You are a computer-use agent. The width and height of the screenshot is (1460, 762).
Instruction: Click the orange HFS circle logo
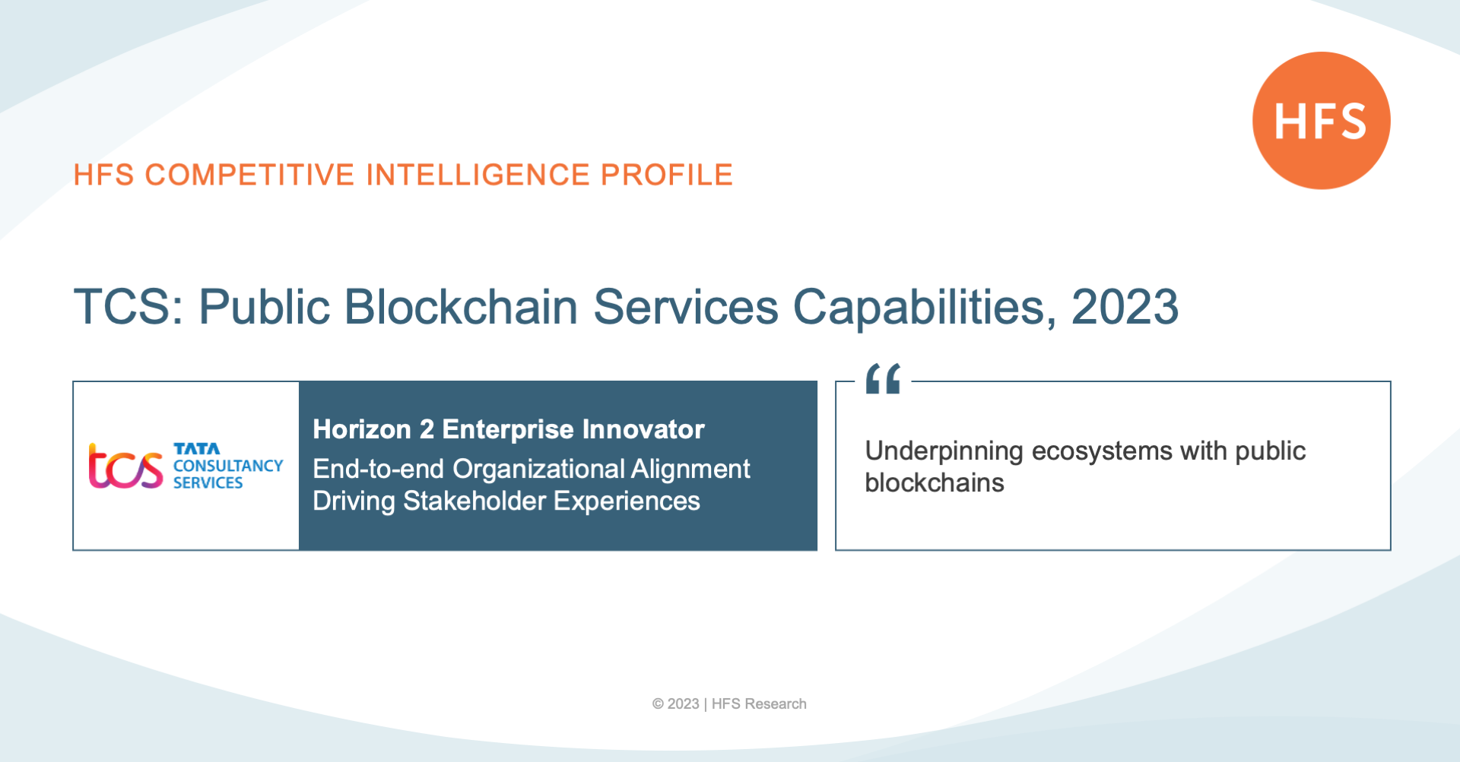point(1322,121)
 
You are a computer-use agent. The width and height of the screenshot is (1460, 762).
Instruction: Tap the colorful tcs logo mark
point(125,465)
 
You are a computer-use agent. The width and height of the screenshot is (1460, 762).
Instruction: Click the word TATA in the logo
point(196,449)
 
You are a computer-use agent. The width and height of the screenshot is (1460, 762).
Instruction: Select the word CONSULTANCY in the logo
point(228,466)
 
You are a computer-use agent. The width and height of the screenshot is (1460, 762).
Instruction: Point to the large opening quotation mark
point(883,378)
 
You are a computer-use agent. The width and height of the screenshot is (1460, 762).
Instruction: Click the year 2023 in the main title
point(1125,307)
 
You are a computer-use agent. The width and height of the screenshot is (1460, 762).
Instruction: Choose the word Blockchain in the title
point(462,307)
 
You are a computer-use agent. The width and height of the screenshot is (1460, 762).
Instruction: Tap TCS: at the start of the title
point(129,307)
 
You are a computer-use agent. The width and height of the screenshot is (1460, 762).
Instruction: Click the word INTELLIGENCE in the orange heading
point(478,175)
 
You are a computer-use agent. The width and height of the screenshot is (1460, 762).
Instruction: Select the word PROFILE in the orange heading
point(666,175)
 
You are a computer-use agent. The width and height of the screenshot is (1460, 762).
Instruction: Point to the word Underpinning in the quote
point(944,451)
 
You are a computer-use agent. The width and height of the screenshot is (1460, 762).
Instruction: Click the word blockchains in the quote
point(935,482)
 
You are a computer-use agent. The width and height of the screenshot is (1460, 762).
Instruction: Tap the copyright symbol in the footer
point(658,704)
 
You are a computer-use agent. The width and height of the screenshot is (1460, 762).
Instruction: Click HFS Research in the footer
point(759,704)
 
